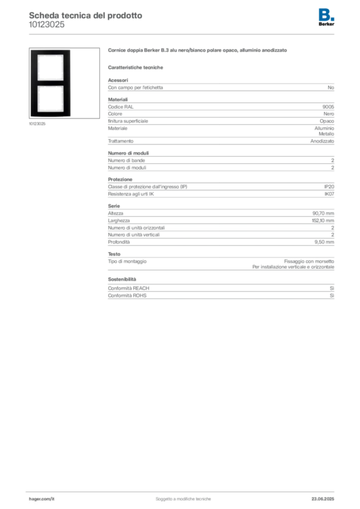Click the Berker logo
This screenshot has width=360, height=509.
click(326, 17)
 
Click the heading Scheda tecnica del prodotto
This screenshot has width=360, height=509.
click(86, 15)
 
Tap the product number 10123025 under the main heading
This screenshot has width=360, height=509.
click(47, 25)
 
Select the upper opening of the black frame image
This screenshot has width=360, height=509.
click(50, 67)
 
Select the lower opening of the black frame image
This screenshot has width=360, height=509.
click(50, 98)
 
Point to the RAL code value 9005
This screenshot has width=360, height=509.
click(328, 107)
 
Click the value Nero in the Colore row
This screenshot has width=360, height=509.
click(329, 114)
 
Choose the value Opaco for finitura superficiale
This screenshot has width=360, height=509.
click(327, 121)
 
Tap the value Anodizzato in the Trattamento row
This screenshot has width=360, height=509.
click(322, 141)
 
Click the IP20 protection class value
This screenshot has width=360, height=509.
click(329, 187)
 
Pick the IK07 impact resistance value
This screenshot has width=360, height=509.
click(329, 194)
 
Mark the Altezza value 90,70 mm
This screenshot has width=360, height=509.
click(323, 213)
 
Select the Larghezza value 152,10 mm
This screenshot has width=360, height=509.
click(323, 221)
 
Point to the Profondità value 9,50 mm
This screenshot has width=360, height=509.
click(324, 242)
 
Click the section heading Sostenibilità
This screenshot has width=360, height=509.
click(122, 279)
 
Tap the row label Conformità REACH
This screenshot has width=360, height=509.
click(129, 288)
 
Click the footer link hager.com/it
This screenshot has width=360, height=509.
click(42, 499)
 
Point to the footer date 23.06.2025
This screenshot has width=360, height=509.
click(323, 499)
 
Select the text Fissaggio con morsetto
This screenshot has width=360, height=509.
click(309, 261)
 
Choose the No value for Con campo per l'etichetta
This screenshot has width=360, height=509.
click(331, 87)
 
